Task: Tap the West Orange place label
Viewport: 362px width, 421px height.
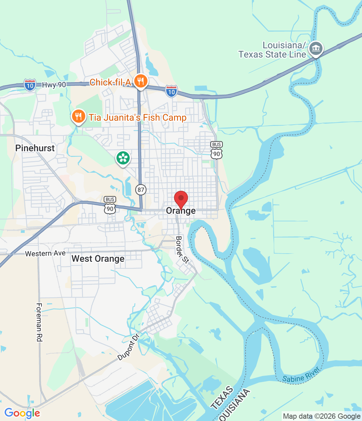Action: [98, 259]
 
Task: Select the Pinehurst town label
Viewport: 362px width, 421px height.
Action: [35, 148]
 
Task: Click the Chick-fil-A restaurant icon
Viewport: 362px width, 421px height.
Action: [141, 81]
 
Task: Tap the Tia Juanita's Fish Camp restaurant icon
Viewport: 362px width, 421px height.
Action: [78, 116]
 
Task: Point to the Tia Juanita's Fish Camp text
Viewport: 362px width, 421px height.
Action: [138, 117]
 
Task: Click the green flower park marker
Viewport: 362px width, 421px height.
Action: [123, 158]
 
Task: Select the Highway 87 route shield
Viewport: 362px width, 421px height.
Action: [141, 189]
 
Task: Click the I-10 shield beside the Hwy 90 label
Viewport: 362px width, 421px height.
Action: [30, 85]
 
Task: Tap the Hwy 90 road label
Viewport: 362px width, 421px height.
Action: [54, 85]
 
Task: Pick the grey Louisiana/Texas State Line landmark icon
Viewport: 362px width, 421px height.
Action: [316, 49]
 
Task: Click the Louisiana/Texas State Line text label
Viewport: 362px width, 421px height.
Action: [272, 50]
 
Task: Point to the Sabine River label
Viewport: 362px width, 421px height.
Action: [301, 375]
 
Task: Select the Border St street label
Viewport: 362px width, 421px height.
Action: [182, 250]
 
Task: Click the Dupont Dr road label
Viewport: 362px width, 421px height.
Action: [128, 347]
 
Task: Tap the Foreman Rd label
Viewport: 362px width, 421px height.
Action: [39, 322]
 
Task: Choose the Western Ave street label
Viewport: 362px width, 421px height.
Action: [45, 254]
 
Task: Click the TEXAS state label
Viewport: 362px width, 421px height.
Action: [222, 398]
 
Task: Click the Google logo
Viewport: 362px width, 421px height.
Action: [22, 413]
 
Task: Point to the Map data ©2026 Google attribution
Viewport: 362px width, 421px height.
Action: [322, 416]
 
